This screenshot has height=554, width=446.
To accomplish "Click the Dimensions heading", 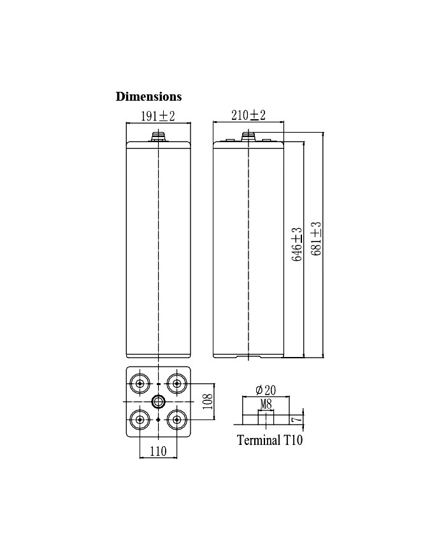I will click(x=148, y=96).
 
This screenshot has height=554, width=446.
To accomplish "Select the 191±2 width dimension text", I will click(x=157, y=115).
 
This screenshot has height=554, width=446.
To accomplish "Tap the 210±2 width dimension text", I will click(x=247, y=115).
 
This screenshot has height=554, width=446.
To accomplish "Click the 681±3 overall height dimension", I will click(x=315, y=238).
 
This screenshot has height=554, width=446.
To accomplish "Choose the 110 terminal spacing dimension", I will click(x=157, y=451).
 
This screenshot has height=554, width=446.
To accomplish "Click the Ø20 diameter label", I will click(x=264, y=390).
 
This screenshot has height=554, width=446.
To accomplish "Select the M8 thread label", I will click(x=266, y=404).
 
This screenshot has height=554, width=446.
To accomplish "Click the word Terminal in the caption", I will click(x=257, y=441).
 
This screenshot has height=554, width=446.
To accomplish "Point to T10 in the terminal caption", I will click(x=292, y=441).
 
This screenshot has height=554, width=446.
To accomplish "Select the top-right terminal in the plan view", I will click(x=176, y=384).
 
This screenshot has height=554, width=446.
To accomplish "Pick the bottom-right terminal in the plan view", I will click(x=176, y=419).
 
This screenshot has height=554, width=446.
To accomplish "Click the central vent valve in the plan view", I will click(x=157, y=401).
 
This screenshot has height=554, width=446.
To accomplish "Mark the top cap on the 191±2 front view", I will click(x=157, y=136).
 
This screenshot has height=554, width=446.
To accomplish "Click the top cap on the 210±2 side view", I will click(x=247, y=136).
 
